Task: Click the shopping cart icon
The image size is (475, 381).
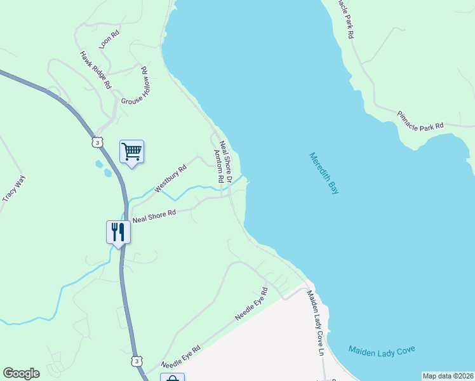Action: pyautogui.click(x=131, y=152)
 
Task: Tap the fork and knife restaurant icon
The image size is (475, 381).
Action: pyautogui.click(x=118, y=231)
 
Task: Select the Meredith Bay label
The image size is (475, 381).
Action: pyautogui.click(x=324, y=173)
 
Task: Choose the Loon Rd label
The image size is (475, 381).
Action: pyautogui.click(x=109, y=39)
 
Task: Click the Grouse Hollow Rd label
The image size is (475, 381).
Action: pyautogui.click(x=135, y=88)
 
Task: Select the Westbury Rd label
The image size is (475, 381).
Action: pyautogui.click(x=170, y=178)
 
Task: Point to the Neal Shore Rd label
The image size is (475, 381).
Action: pyautogui.click(x=154, y=217)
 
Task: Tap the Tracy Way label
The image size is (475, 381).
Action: pyautogui.click(x=13, y=189)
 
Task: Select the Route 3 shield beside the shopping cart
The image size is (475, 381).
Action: pyautogui.click(x=97, y=143)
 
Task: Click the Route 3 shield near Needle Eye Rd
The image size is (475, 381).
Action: pyautogui.click(x=137, y=361)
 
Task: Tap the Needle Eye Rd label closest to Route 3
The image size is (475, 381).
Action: pyautogui.click(x=181, y=357)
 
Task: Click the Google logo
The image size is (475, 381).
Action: pyautogui.click(x=21, y=373)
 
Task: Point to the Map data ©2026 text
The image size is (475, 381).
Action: pyautogui.click(x=447, y=376)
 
